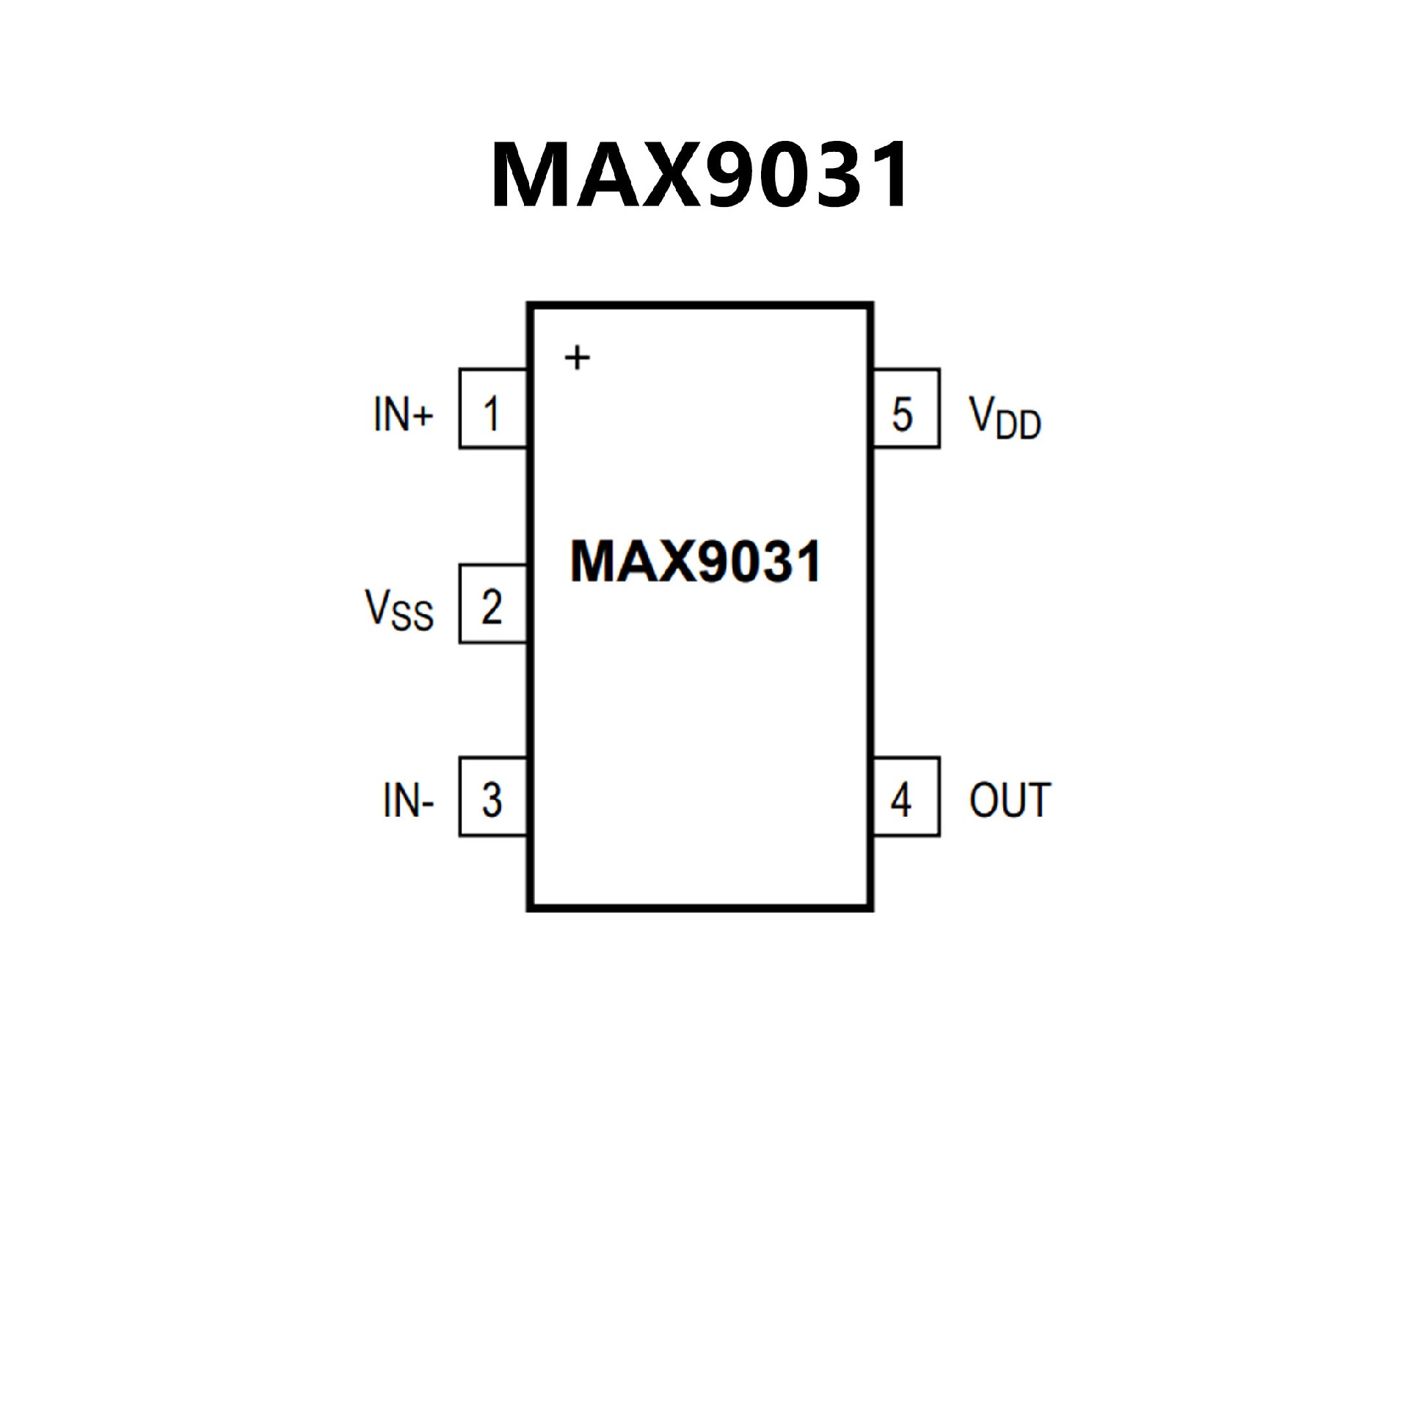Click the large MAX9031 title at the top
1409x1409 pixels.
pos(700,175)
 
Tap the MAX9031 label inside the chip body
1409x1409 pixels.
pos(695,562)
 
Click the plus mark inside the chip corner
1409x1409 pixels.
pos(577,357)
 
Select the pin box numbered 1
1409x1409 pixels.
pos(492,409)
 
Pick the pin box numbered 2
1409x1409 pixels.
pos(492,604)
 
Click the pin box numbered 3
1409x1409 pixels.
pos(492,797)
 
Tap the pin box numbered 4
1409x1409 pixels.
pos(906,797)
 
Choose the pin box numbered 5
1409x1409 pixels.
pos(906,409)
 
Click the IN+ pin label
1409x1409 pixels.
pos(403,414)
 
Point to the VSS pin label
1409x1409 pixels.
pos(399,609)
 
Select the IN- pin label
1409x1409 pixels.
pos(408,800)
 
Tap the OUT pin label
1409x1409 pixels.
pos(1010,800)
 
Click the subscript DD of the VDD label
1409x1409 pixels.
pos(1019,426)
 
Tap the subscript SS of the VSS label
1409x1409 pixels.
pos(412,616)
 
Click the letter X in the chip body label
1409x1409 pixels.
pos(668,562)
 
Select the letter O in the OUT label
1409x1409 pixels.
pos(984,800)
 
